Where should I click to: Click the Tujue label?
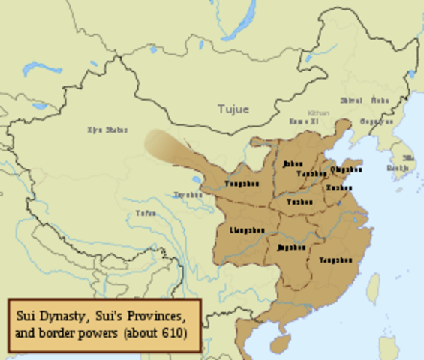tap(233, 109)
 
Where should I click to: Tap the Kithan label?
tap(318, 112)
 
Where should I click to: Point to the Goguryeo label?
tap(376, 121)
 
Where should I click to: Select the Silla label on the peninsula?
tap(408, 157)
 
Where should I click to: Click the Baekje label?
tap(398, 168)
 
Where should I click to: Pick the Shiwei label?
tap(350, 100)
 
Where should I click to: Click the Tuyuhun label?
tap(188, 195)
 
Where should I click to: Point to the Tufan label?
tap(146, 214)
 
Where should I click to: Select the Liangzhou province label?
tap(247, 229)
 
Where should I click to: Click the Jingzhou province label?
tap(291, 247)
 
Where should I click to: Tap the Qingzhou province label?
tap(346, 169)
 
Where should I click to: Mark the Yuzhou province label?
tap(299, 202)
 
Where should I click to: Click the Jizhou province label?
tap(293, 164)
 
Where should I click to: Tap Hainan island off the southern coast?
tap(279, 343)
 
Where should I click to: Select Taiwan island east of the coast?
tap(373, 288)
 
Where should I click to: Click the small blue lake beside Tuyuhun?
tap(197, 181)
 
